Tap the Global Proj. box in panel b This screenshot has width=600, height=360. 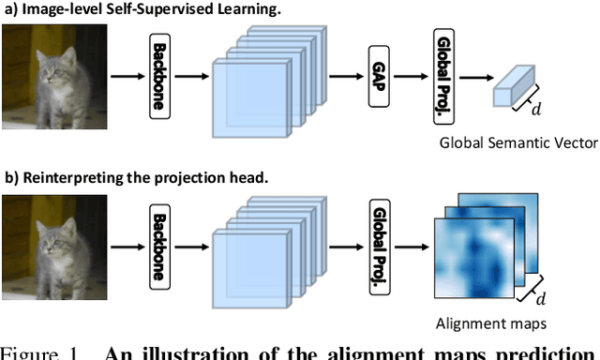(380, 238)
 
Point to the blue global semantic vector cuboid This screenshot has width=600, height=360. (514, 91)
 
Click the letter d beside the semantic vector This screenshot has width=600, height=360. (536, 110)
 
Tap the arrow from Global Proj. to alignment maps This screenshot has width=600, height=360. (412, 238)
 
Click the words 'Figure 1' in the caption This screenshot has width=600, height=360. (37, 352)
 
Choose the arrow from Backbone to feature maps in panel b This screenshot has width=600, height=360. (193, 238)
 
